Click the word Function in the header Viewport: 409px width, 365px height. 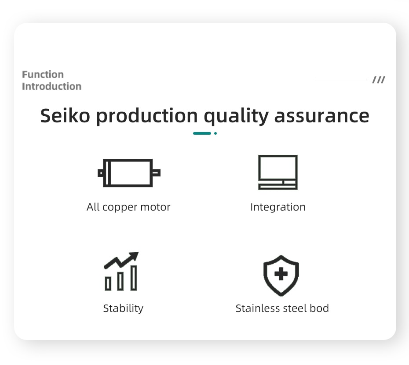click(x=43, y=75)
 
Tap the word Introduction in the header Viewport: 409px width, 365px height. click(x=51, y=86)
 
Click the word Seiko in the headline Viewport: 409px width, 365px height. click(x=65, y=115)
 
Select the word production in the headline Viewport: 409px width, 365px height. click(x=147, y=116)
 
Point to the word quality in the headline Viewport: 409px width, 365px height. click(x=236, y=116)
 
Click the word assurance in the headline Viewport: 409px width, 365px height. click(x=322, y=116)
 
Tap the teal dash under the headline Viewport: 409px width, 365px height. click(x=202, y=133)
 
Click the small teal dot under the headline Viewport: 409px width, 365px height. click(x=215, y=133)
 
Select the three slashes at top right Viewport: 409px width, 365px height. click(x=379, y=80)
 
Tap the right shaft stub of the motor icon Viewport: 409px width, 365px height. click(x=157, y=173)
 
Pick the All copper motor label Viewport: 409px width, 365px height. click(x=128, y=207)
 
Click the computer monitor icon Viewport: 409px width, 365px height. click(x=278, y=172)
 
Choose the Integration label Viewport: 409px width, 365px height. click(x=278, y=208)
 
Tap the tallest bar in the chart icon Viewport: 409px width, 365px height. click(x=134, y=278)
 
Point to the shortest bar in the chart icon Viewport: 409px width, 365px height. click(x=108, y=283)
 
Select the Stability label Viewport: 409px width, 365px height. click(x=123, y=308)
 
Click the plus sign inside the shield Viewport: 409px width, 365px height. click(x=281, y=274)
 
